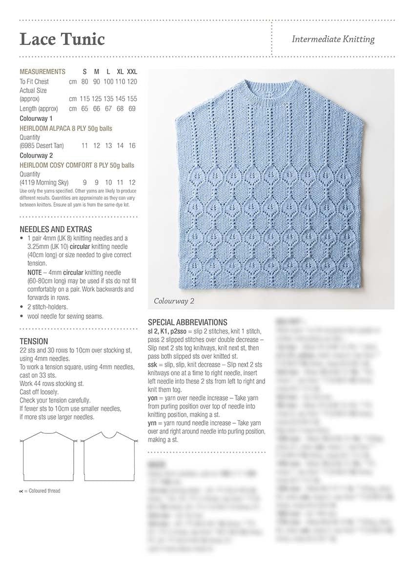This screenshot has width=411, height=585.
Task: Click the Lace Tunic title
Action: [62, 39]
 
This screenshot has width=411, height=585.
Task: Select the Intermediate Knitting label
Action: [333, 39]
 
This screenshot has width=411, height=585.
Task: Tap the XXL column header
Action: [132, 72]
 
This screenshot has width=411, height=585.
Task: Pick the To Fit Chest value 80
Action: [85, 81]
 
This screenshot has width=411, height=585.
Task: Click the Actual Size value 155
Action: [132, 98]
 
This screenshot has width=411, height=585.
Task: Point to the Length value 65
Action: [85, 109]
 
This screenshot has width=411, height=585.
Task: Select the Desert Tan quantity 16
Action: [132, 146]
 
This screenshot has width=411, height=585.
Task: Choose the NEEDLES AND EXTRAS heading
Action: [56, 229]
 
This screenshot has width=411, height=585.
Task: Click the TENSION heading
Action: [34, 341]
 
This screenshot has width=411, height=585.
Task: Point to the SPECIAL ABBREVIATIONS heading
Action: [187, 322]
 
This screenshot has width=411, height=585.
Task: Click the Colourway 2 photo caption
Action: [174, 301]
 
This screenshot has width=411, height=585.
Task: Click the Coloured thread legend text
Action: [44, 491]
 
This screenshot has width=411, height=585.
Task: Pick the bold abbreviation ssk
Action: [153, 365]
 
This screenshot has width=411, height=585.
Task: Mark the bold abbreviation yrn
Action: [152, 423]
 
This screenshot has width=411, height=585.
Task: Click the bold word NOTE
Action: [35, 273]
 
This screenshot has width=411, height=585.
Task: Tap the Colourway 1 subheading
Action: [36, 118]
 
